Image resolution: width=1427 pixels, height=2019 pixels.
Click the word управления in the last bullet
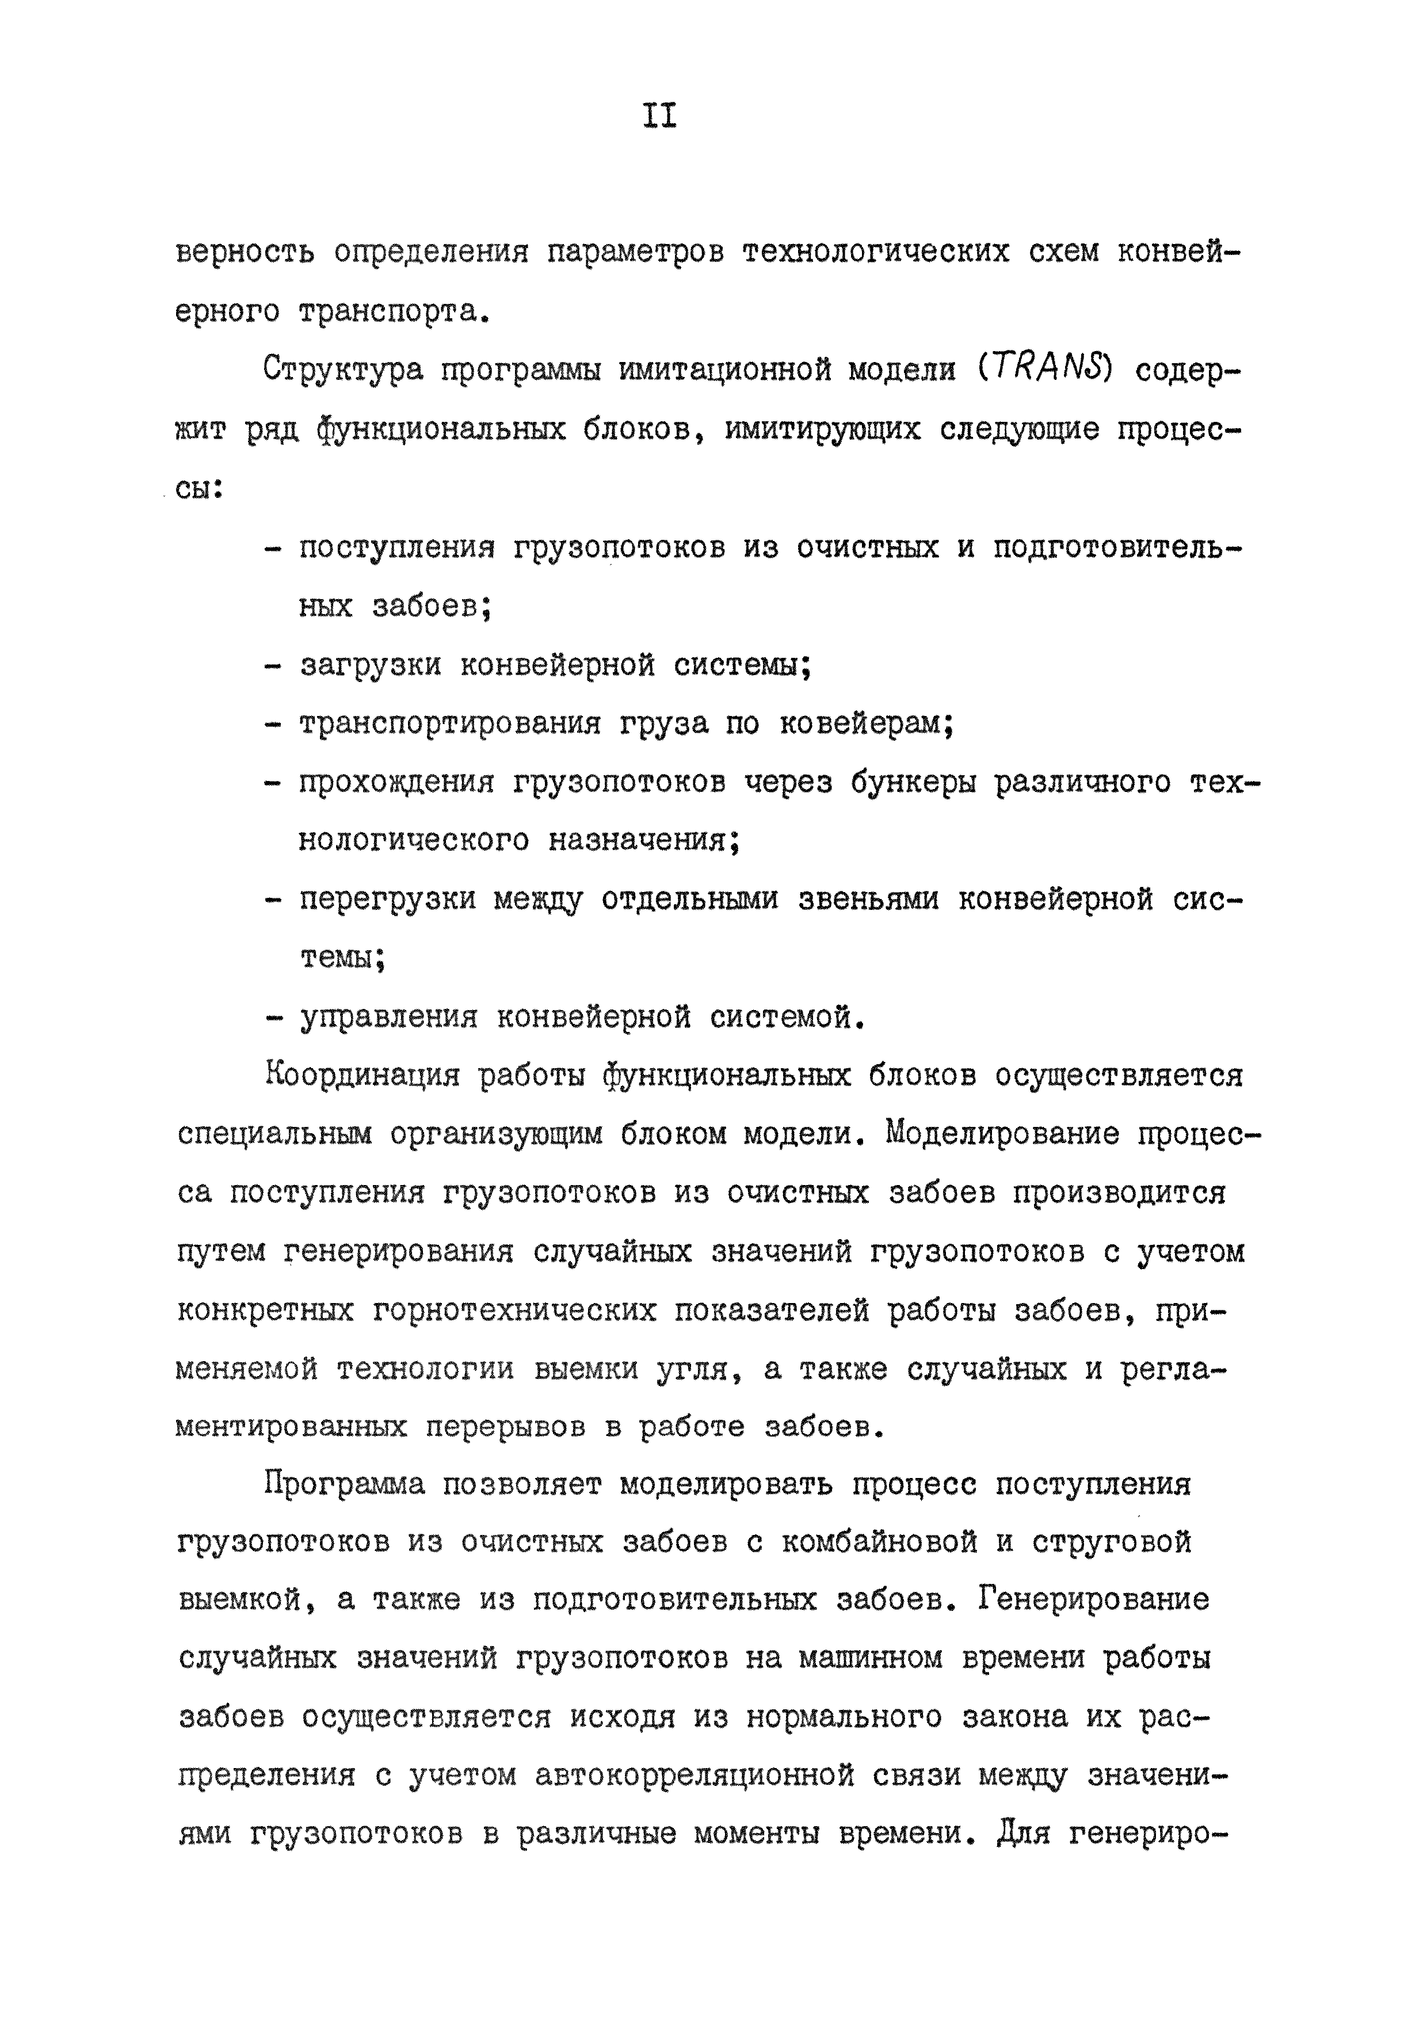[x=388, y=1018]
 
